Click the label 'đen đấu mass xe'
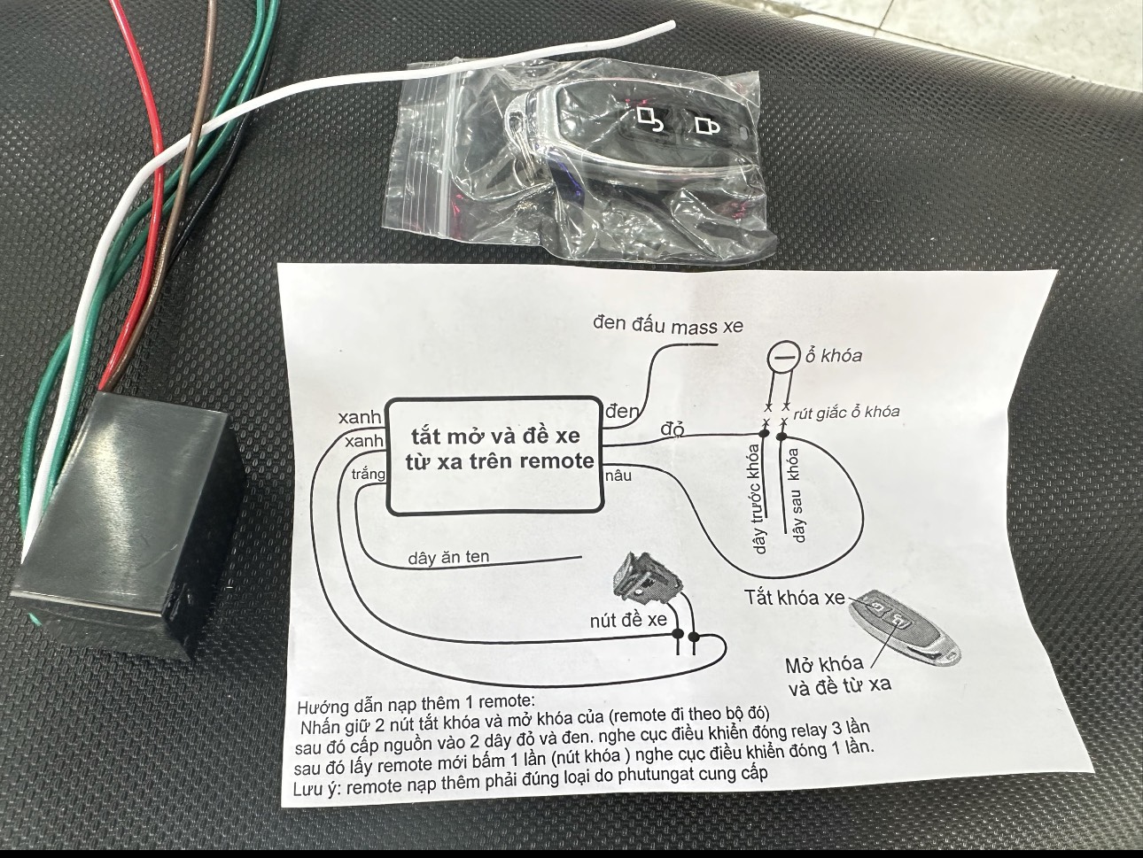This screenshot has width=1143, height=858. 668,325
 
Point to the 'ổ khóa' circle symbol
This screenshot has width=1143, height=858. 782,357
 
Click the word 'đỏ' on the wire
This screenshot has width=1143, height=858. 673,430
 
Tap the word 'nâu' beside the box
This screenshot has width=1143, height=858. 618,475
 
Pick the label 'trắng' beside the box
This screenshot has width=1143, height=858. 369,475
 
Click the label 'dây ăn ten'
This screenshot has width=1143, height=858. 448,558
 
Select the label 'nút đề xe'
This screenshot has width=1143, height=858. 628,620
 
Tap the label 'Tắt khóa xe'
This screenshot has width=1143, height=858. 795,598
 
